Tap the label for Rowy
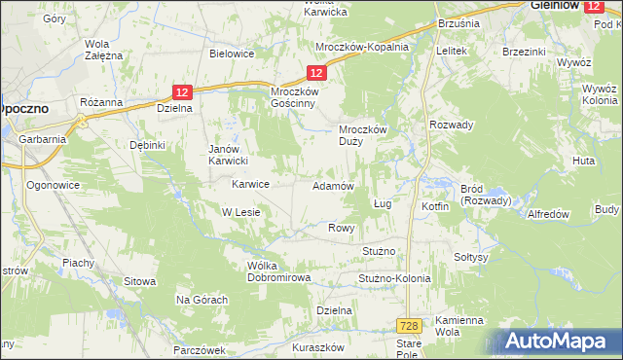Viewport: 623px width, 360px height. pyautogui.click(x=340, y=228)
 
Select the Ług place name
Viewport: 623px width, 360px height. pyautogui.click(x=382, y=204)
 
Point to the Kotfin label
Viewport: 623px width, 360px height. pyautogui.click(x=435, y=207)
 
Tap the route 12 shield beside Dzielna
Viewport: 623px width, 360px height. pyautogui.click(x=184, y=91)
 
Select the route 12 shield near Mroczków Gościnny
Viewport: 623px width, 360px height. pyautogui.click(x=315, y=73)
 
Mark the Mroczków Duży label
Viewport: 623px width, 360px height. pyautogui.click(x=362, y=134)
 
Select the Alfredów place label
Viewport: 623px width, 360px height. pyautogui.click(x=546, y=213)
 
